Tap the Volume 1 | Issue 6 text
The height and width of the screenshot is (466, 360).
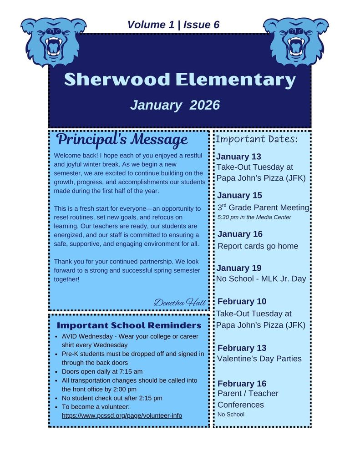click(173, 25)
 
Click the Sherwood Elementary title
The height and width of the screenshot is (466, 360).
click(180, 80)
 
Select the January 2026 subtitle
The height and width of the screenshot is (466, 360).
click(175, 105)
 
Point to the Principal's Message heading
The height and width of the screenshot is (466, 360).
click(122, 139)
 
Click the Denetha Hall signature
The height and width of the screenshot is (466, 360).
click(179, 302)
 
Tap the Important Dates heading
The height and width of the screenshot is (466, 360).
click(256, 139)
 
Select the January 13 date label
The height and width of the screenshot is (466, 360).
click(238, 157)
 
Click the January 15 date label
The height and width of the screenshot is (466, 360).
click(239, 195)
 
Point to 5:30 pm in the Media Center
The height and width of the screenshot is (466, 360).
click(254, 217)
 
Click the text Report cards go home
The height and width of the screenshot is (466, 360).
click(258, 246)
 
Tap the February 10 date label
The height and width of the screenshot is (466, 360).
click(242, 301)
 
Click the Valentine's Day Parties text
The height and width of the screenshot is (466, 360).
click(259, 359)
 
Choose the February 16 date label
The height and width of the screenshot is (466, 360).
click(242, 383)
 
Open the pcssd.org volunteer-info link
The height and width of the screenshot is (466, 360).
click(122, 415)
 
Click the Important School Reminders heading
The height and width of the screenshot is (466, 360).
click(129, 325)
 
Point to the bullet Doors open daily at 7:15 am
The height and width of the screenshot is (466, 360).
click(102, 371)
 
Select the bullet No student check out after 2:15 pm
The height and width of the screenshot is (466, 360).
click(112, 398)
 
